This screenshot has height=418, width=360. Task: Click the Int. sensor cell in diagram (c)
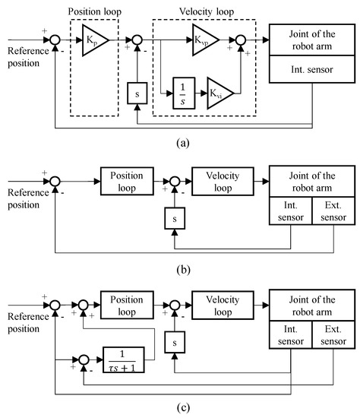pyautogui.click(x=292, y=334)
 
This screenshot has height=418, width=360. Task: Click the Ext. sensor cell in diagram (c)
pyautogui.click(x=334, y=334)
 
